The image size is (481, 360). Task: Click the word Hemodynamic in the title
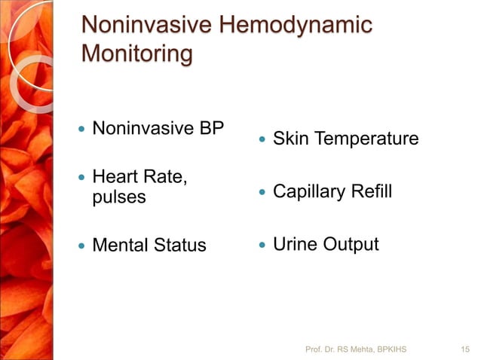293,25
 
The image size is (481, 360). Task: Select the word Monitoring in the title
136,55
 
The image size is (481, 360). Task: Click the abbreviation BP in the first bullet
212,128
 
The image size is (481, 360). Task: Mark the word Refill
370,192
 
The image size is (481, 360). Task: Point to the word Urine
295,245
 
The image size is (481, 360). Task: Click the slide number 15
465,349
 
